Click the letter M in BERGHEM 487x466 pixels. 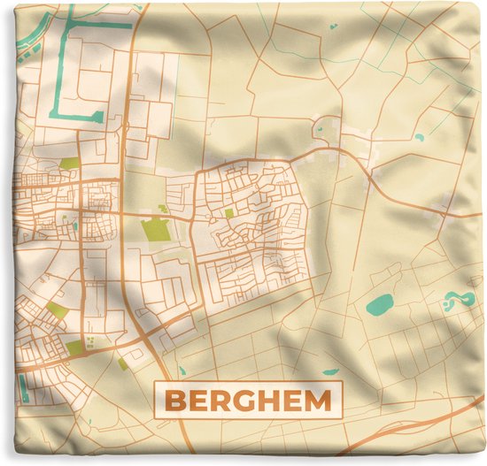pyautogui.click(x=318, y=401)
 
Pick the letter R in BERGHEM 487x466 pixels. pyautogui.click(x=219, y=401)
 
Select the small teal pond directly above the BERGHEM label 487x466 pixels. pyautogui.click(x=329, y=371)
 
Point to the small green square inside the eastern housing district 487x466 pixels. pyautogui.click(x=228, y=213)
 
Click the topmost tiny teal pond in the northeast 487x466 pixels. pyautogui.click(x=332, y=27)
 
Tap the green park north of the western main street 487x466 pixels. pyautogui.click(x=69, y=164)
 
